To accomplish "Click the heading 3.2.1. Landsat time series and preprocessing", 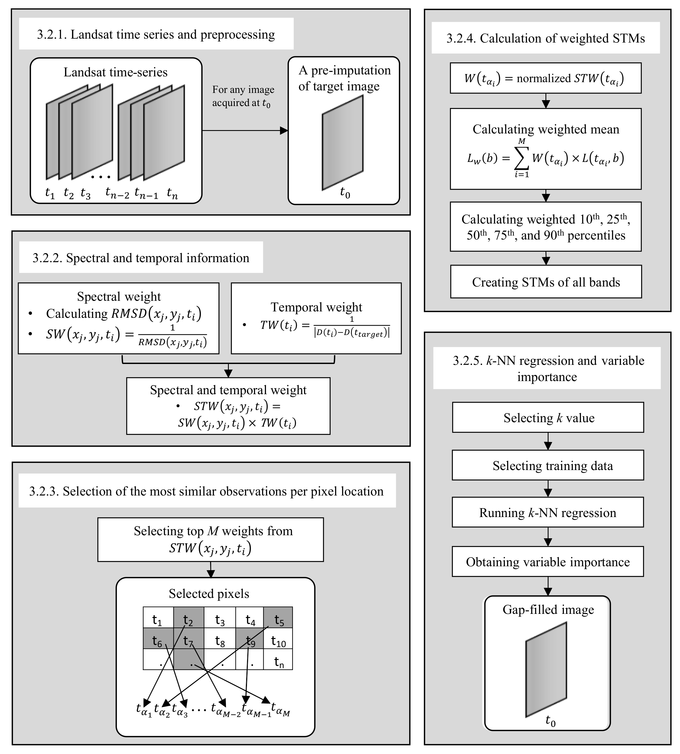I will tap(156, 34).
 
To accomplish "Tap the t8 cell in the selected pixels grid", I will tap(220, 641).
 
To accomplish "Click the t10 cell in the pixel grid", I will tap(278, 641).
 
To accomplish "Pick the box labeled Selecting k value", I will tap(548, 418).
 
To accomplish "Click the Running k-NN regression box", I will tap(548, 513).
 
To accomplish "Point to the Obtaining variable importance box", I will tap(548, 562).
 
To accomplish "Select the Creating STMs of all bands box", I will tap(546, 282).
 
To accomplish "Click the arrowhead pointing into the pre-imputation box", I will tap(284, 130).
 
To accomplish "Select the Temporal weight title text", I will tap(316, 307).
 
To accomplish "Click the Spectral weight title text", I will tap(119, 297).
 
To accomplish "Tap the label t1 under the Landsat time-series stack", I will tap(50, 193).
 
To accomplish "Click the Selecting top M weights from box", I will tap(210, 539).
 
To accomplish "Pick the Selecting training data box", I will tap(548, 466).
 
